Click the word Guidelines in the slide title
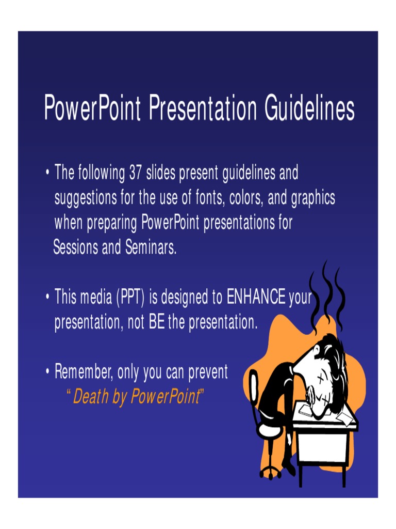309,108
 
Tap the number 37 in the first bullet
136,173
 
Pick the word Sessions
76,248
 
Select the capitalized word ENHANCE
256,298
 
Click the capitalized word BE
156,323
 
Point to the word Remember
84,372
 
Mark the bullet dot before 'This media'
47,298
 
